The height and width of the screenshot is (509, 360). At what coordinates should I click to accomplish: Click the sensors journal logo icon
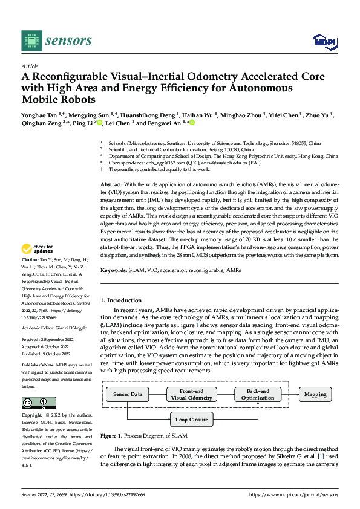click(x=30, y=40)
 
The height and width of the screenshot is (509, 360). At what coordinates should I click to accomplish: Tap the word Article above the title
click(x=30, y=66)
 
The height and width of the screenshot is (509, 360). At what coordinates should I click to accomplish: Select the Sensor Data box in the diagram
click(x=128, y=394)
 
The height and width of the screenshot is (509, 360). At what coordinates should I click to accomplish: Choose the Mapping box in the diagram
click(x=315, y=394)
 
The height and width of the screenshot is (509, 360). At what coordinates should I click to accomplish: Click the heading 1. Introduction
click(x=120, y=300)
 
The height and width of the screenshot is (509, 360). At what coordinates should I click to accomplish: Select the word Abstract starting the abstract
click(x=111, y=183)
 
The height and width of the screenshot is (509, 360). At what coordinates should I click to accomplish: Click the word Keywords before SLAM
click(x=114, y=271)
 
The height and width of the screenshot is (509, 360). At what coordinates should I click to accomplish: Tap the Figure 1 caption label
click(x=112, y=436)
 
